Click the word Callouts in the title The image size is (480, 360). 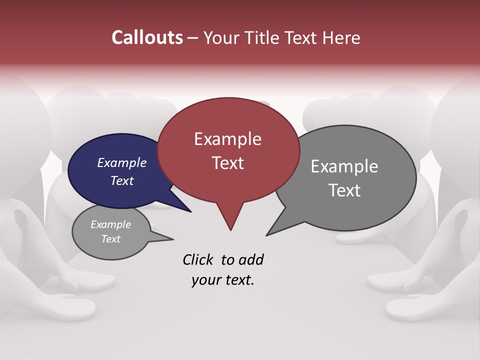(147, 37)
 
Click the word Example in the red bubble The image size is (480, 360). (227, 139)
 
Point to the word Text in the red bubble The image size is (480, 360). (227, 163)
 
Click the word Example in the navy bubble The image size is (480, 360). (122, 162)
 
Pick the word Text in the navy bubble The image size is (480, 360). (122, 180)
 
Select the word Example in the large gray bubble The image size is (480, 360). (344, 166)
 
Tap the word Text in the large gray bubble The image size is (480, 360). (344, 190)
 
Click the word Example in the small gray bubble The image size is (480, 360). (110, 224)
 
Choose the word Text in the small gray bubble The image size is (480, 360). (110, 239)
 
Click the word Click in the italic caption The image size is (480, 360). (198, 259)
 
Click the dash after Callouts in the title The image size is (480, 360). (193, 38)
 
